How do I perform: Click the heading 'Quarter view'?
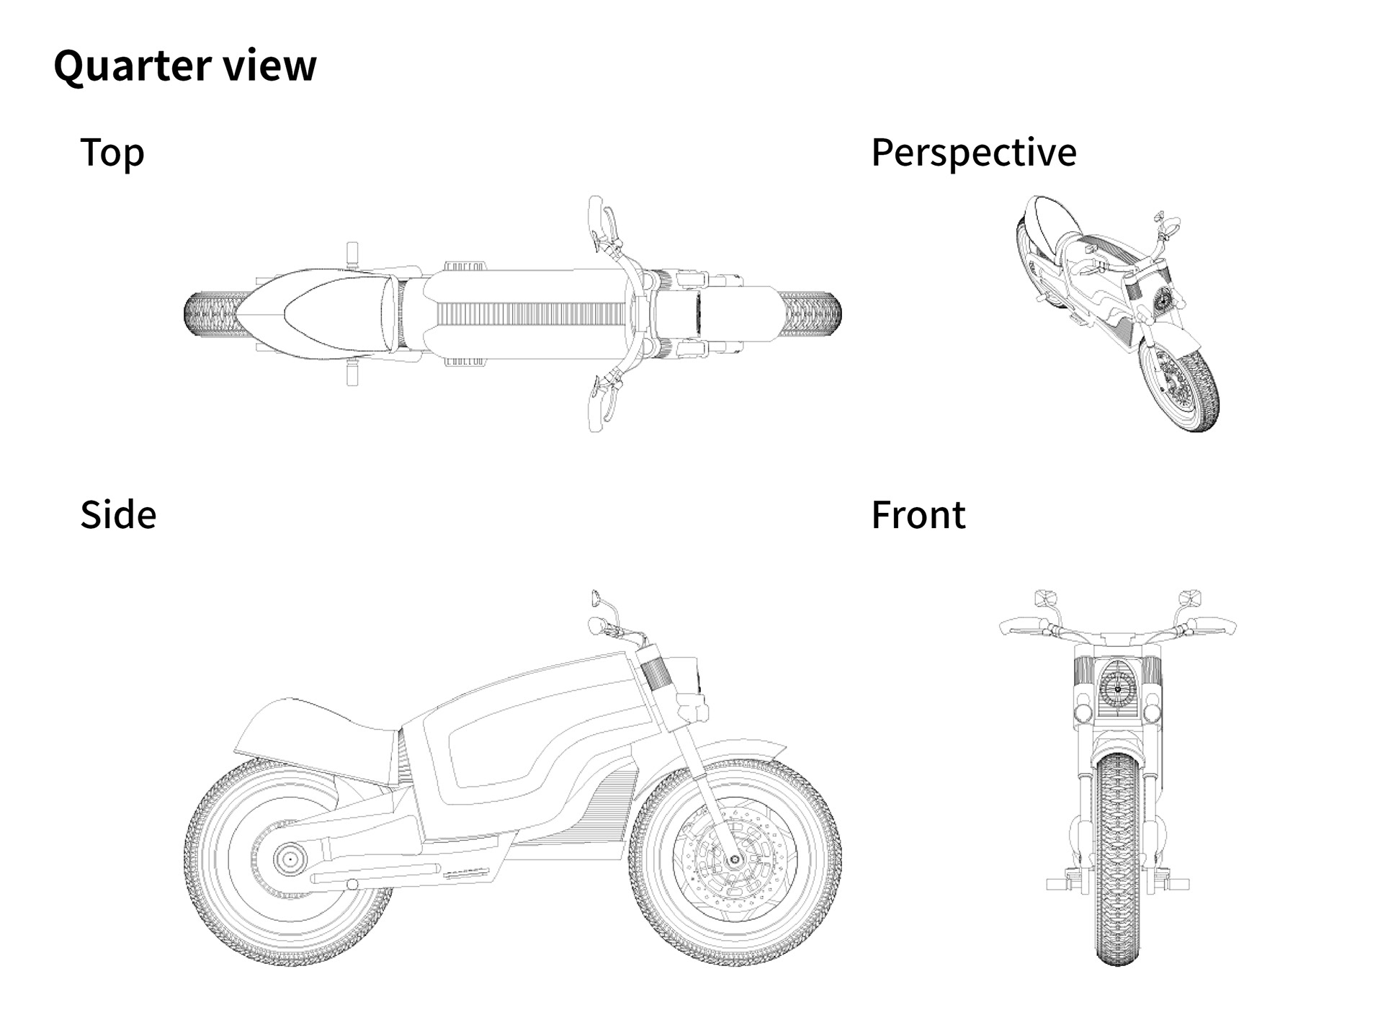[184, 66]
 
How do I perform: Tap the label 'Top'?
[112, 153]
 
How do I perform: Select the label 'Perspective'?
[973, 153]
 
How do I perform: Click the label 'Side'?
[117, 515]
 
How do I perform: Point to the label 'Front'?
[918, 515]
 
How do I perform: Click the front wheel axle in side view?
[734, 859]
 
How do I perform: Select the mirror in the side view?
[596, 598]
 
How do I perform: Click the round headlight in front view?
[1118, 689]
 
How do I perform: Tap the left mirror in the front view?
[1045, 598]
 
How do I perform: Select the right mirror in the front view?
[1190, 598]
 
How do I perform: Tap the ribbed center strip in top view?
[529, 314]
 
